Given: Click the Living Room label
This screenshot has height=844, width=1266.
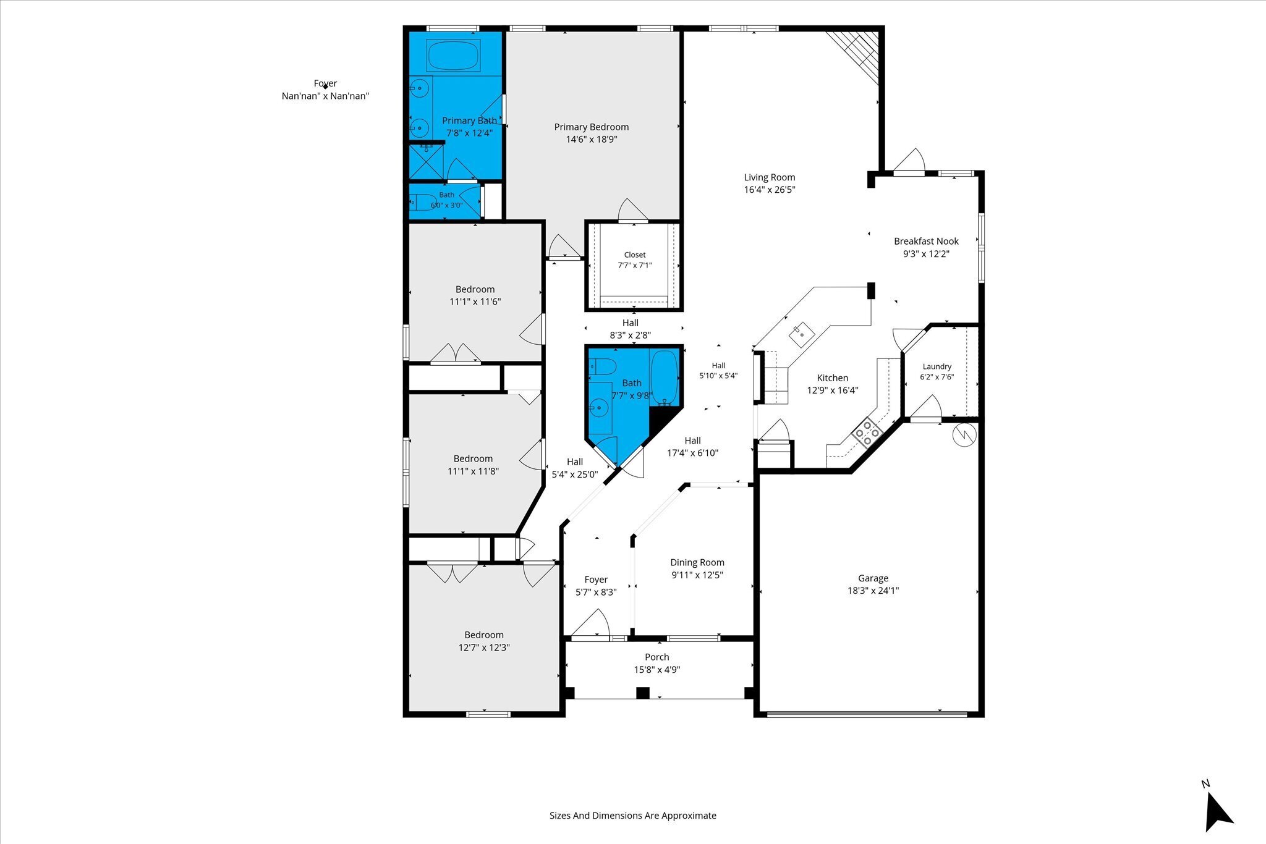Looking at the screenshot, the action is coord(769,177).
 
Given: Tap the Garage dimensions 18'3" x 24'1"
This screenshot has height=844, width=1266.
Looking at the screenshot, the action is coord(873,591).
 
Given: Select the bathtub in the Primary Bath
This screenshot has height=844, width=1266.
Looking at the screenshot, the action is coord(452,56).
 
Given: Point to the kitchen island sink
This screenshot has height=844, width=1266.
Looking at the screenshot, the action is coord(801,334).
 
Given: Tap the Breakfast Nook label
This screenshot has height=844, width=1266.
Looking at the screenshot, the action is coord(926,242).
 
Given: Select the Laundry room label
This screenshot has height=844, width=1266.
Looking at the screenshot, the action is coord(937,366).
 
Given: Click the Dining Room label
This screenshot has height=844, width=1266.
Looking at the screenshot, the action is coord(697,562).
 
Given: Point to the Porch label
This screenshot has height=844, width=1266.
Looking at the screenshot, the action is coord(656,657).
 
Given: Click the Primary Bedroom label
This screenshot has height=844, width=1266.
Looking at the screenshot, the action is coord(591,127).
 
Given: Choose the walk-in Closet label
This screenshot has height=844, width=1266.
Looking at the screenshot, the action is coord(635,255).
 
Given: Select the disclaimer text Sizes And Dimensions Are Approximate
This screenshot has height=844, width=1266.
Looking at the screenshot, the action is coord(633,816).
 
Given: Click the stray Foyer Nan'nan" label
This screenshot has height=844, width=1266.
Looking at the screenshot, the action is coord(325,90).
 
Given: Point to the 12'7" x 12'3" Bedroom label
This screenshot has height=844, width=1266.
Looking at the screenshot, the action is coord(484,641).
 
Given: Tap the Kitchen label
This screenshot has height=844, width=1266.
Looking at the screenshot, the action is coord(833,378).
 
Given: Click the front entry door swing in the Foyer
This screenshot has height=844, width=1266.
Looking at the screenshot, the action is coord(591,623).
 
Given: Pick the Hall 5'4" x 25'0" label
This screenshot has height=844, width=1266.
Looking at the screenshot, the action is coord(575,468).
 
